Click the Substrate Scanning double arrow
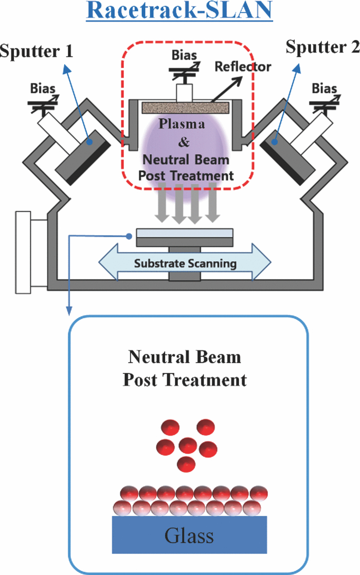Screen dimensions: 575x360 pyautogui.click(x=185, y=263)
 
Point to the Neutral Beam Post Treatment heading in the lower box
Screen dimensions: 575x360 pyautogui.click(x=185, y=368)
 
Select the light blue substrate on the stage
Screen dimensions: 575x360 pyautogui.click(x=185, y=233)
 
